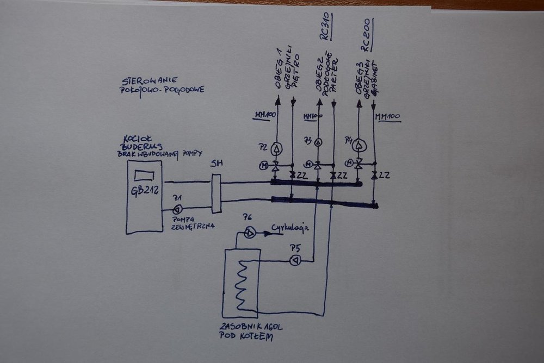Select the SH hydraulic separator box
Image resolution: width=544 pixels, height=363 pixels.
coord(217,193)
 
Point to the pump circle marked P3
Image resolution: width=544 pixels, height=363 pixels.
coord(318,143)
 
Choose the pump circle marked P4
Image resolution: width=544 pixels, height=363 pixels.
coord(358,146)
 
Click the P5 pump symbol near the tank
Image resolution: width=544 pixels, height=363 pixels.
coord(295,261)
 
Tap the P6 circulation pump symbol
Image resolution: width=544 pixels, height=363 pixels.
coord(249,233)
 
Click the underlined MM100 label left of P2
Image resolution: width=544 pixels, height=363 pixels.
coord(266,115)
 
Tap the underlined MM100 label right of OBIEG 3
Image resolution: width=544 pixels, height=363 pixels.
coord(388,116)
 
